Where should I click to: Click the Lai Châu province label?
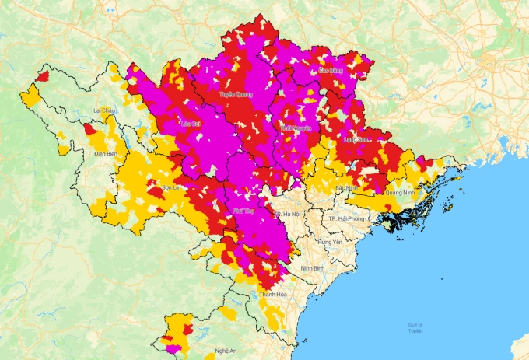103,111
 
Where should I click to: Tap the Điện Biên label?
105,154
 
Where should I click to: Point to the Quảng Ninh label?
399,192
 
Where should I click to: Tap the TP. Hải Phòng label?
345,220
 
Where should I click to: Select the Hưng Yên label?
330,242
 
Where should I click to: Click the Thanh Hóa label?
273,295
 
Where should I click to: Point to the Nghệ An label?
226,351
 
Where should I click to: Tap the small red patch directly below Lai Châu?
91,130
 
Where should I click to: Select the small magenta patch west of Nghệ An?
173,349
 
